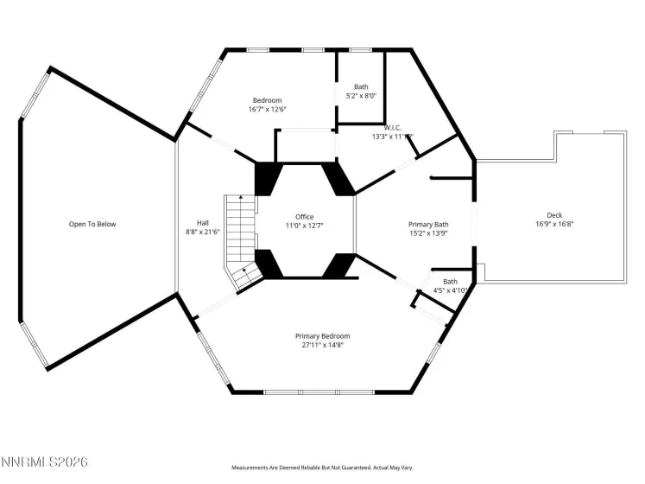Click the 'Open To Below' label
click(92, 225)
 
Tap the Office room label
click(304, 217)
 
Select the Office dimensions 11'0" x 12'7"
click(304, 226)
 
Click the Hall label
click(203, 223)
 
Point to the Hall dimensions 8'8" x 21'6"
click(203, 232)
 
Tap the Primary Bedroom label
click(322, 336)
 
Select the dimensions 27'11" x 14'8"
click(322, 345)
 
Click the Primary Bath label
click(428, 225)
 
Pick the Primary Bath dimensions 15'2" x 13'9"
click(428, 233)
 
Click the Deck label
click(553, 215)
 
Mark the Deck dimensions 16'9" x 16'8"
click(553, 224)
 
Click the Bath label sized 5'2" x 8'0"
click(361, 87)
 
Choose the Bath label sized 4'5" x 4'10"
click(451, 282)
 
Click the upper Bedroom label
click(267, 100)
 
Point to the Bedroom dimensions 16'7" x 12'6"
click(267, 109)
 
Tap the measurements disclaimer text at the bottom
click(322, 468)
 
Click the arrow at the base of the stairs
click(244, 271)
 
